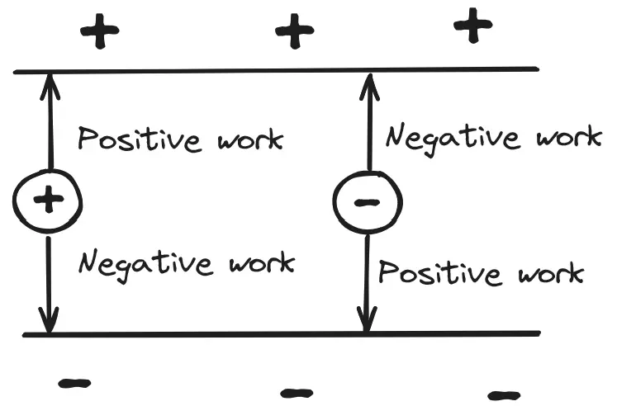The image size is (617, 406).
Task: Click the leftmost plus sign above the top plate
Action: pos(99,33)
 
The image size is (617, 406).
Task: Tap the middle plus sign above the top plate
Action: pos(294,33)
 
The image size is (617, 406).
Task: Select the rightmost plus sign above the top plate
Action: pos(473,26)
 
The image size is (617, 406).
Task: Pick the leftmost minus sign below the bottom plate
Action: pos(75,383)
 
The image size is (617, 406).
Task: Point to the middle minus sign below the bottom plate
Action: pos(297,393)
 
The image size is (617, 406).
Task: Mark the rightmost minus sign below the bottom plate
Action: pos(503,394)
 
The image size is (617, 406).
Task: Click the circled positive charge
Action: pos(48,199)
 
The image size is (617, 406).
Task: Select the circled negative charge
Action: pos(368,201)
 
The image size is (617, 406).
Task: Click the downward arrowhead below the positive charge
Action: pos(49,323)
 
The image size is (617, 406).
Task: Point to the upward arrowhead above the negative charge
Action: pos(370,83)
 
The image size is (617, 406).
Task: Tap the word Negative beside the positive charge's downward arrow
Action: pos(143,265)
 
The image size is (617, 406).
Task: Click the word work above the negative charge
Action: pos(569,136)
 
